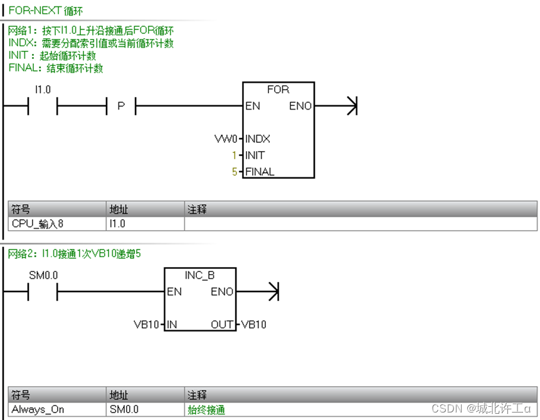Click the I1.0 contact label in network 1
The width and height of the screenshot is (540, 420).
[42, 90]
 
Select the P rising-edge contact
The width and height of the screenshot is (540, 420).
[121, 107]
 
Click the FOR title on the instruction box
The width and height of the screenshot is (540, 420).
[278, 90]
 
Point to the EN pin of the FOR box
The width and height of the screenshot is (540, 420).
[253, 106]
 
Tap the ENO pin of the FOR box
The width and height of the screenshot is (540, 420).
[300, 106]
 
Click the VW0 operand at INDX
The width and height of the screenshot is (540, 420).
[226, 139]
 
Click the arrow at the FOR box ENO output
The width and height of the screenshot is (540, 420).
[351, 106]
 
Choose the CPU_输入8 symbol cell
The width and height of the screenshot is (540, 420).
[38, 223]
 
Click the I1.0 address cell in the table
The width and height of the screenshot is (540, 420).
[118, 223]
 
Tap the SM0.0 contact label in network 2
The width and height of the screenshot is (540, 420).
[43, 275]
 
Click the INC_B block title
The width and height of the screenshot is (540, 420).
[200, 275]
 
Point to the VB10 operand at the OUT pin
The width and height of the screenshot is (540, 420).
[253, 324]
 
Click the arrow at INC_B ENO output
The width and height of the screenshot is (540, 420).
[273, 291]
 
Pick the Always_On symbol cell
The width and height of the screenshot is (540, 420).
[38, 410]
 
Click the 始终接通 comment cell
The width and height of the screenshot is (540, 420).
[206, 410]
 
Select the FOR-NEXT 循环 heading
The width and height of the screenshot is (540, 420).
[45, 11]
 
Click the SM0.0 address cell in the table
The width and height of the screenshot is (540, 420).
[124, 410]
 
